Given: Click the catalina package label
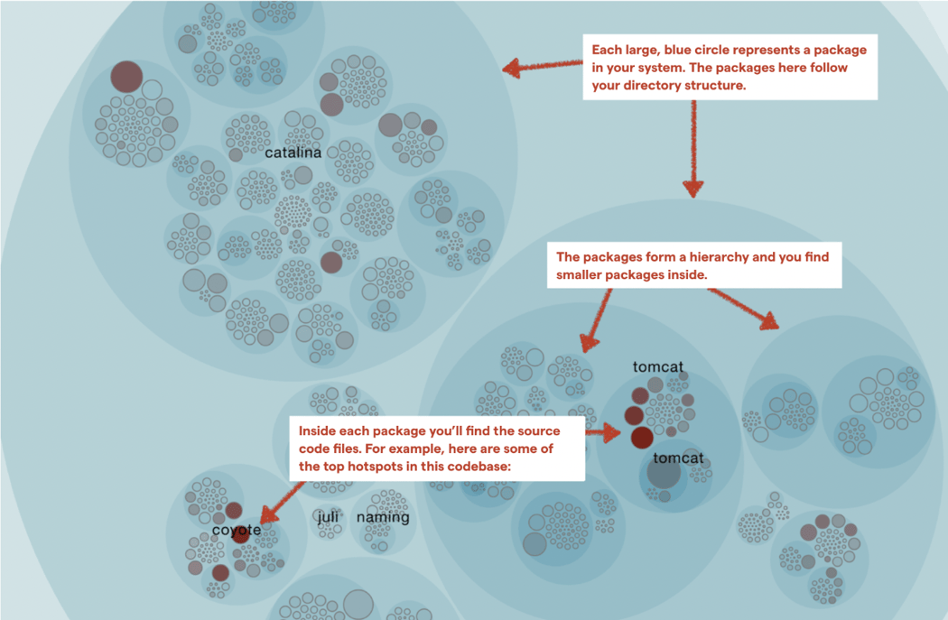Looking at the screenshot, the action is (x=293, y=153).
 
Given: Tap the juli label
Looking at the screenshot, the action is (x=328, y=517).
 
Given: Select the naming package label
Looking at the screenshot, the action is (x=383, y=518).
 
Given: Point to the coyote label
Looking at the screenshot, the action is (x=237, y=531).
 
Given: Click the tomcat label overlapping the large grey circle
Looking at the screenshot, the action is (x=678, y=458).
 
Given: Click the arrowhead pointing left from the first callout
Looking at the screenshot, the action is (x=512, y=68).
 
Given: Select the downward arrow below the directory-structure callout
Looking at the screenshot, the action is (x=693, y=149).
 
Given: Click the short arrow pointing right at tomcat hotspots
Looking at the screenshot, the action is (x=603, y=432).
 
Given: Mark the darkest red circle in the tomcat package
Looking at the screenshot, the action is (x=642, y=438).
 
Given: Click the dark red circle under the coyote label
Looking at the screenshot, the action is (x=241, y=534).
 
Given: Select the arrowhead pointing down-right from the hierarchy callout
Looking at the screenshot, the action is (x=769, y=321).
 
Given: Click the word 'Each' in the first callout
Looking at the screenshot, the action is (x=605, y=51).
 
